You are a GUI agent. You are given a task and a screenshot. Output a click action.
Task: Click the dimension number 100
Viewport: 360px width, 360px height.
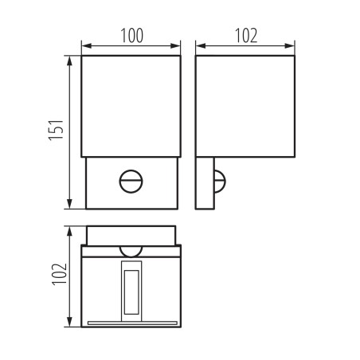(x=132, y=35)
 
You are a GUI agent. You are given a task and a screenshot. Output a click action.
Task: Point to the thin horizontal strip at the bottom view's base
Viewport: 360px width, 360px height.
(x=132, y=323)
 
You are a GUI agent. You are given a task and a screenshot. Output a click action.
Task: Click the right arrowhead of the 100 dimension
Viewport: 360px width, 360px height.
(x=178, y=45)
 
